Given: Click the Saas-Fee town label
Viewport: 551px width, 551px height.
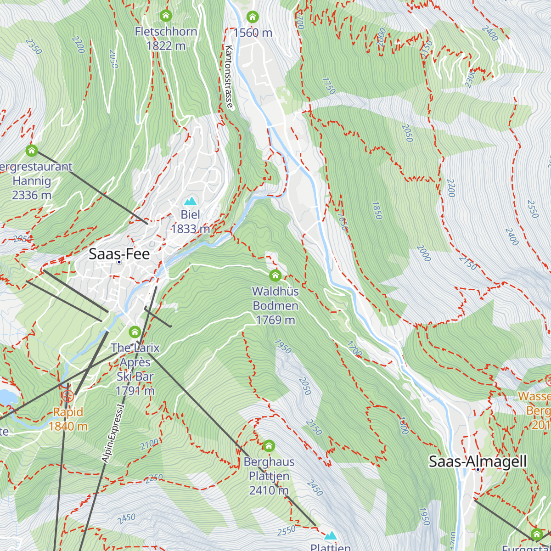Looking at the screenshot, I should click(119, 253).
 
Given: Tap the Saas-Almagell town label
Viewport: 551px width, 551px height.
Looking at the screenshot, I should click(478, 461).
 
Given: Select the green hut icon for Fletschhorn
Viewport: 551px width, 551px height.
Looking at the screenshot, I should click(166, 16).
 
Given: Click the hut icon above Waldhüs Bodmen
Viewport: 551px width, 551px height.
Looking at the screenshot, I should click(275, 275).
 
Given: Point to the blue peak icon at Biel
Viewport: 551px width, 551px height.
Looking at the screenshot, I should click(190, 202).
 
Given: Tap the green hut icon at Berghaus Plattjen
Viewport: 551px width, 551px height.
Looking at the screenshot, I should click(269, 446).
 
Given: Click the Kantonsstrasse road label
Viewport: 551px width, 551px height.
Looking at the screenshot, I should click(230, 77).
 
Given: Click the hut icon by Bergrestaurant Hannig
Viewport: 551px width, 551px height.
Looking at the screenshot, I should click(31, 150).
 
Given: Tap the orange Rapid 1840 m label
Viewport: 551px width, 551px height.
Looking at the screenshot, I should click(68, 419).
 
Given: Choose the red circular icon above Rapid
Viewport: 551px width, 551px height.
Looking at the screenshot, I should click(68, 395).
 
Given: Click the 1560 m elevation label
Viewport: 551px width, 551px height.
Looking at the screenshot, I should click(253, 33).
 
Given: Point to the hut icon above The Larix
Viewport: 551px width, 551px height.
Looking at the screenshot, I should click(135, 332).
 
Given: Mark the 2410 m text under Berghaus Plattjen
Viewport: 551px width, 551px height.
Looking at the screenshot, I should click(269, 490).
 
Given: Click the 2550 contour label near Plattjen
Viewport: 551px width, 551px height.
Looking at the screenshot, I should click(287, 531).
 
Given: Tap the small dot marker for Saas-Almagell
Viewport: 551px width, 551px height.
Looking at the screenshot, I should click(478, 470).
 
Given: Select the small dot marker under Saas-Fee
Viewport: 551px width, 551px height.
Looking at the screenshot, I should click(119, 262).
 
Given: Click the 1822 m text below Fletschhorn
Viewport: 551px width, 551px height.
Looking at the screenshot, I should click(166, 45).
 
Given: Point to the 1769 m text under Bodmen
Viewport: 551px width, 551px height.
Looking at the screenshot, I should click(275, 320).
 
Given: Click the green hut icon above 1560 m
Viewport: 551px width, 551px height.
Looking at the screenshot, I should click(252, 17).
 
